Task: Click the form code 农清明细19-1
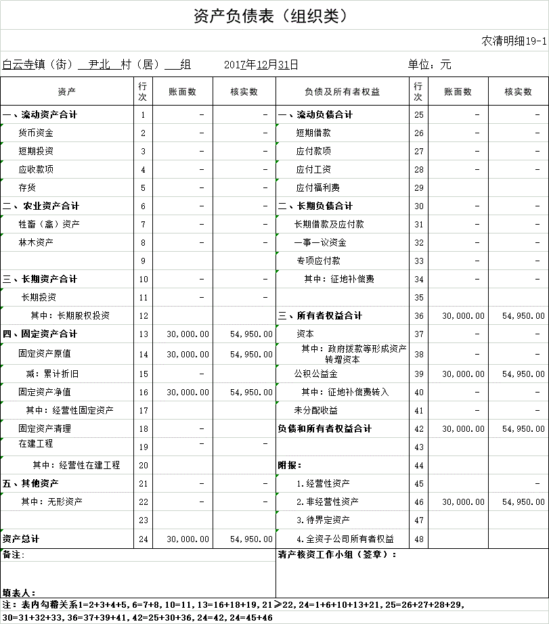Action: click(513, 41)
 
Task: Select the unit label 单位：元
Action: click(429, 65)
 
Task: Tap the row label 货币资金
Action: click(36, 133)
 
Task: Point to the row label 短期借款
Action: click(313, 133)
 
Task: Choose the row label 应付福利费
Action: click(317, 188)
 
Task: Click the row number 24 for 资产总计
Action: click(143, 539)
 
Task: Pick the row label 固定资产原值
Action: click(45, 353)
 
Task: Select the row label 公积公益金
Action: click(315, 374)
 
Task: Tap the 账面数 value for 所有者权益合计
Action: click(463, 316)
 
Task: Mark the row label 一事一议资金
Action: click(320, 242)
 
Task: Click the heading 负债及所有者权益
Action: click(342, 92)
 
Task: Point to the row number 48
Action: click(418, 539)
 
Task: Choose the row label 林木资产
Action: click(36, 242)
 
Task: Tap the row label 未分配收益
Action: click(315, 410)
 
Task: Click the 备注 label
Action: click(14, 555)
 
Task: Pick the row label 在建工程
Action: click(36, 444)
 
